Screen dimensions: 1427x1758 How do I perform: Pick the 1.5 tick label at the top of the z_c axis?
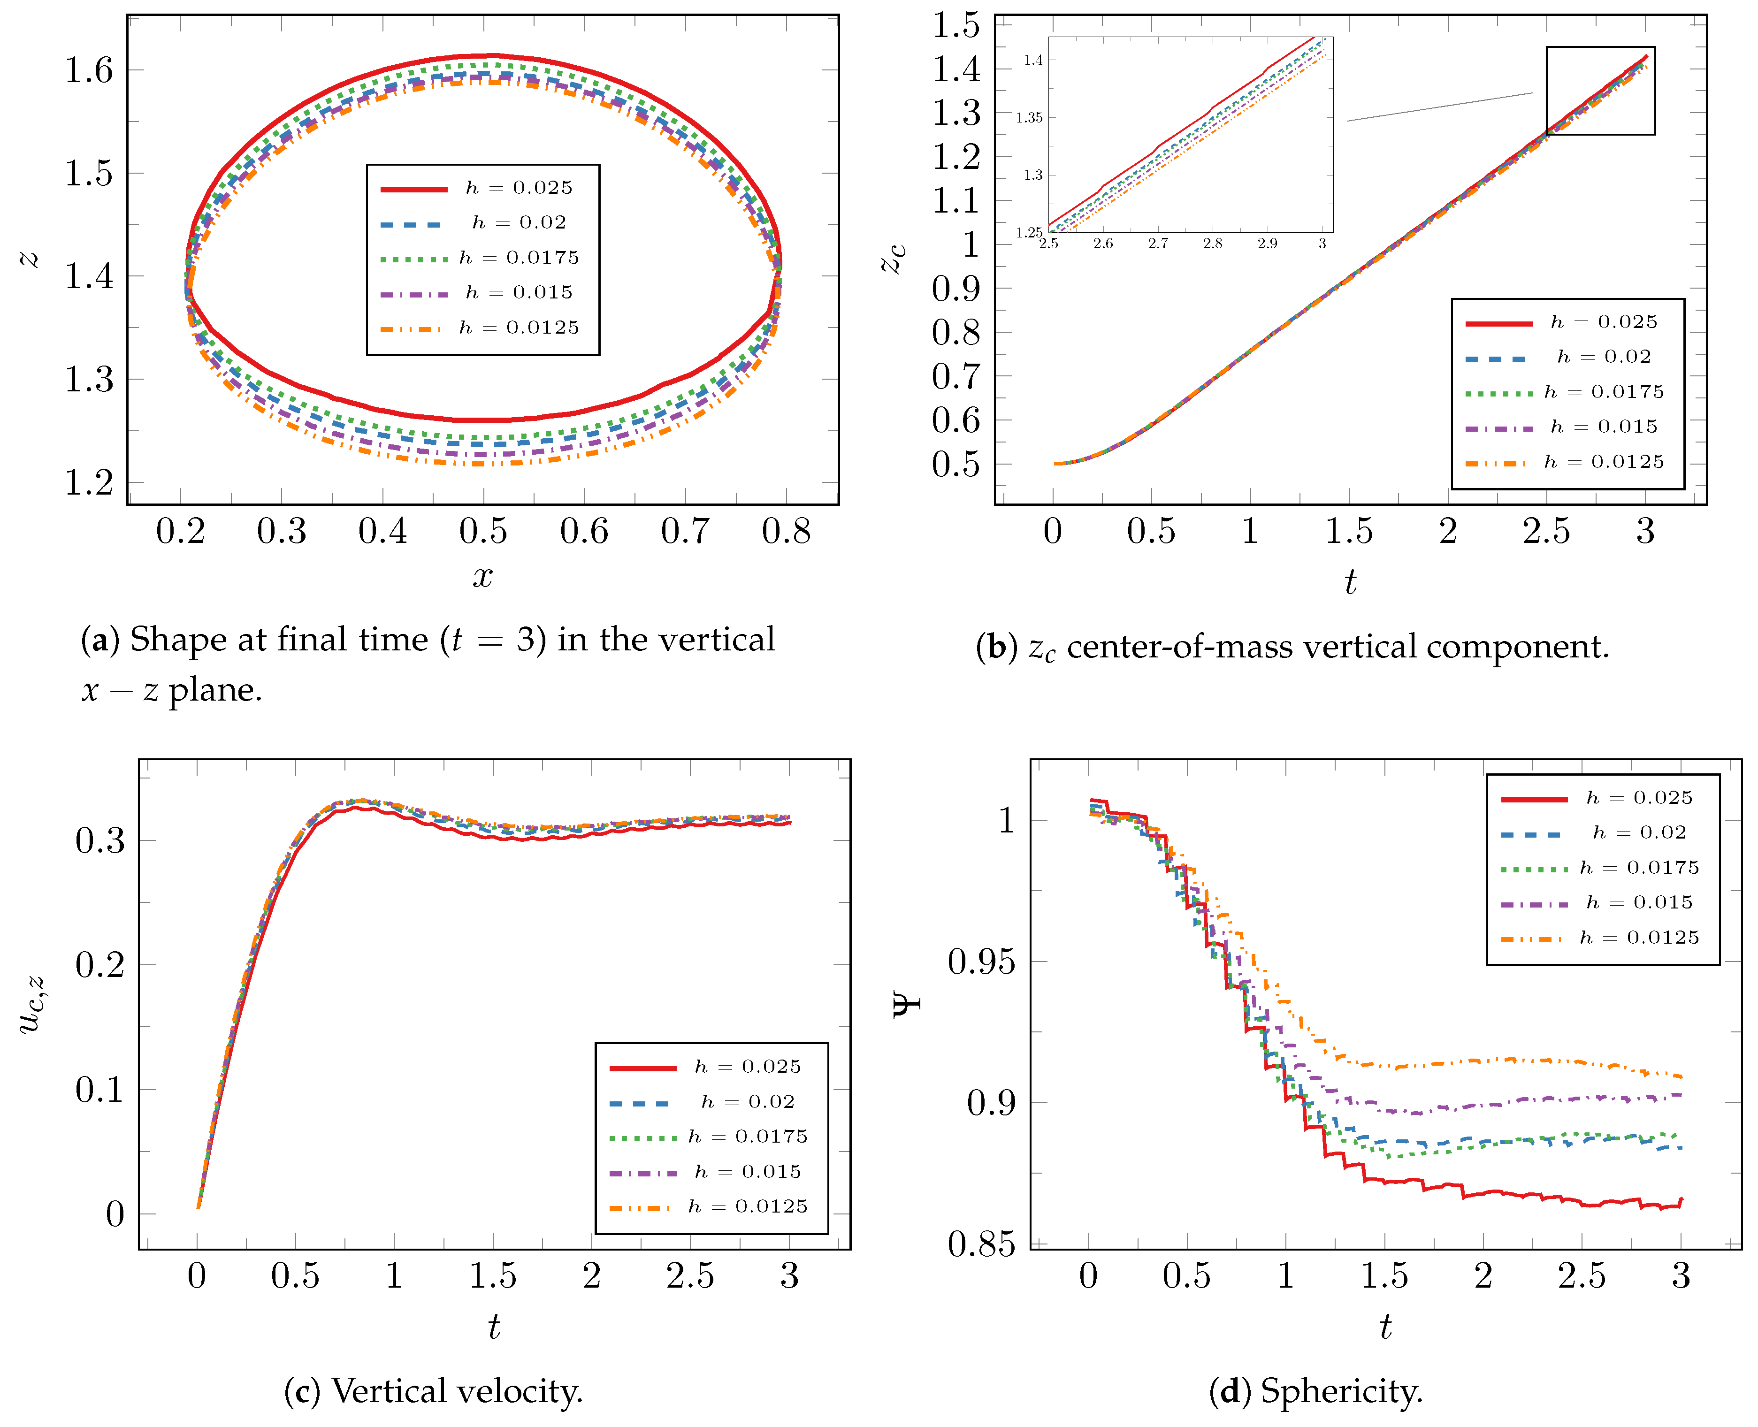coord(956,25)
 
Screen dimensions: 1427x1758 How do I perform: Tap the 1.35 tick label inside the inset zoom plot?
coord(1029,117)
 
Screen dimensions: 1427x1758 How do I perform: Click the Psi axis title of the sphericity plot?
coord(907,1005)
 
